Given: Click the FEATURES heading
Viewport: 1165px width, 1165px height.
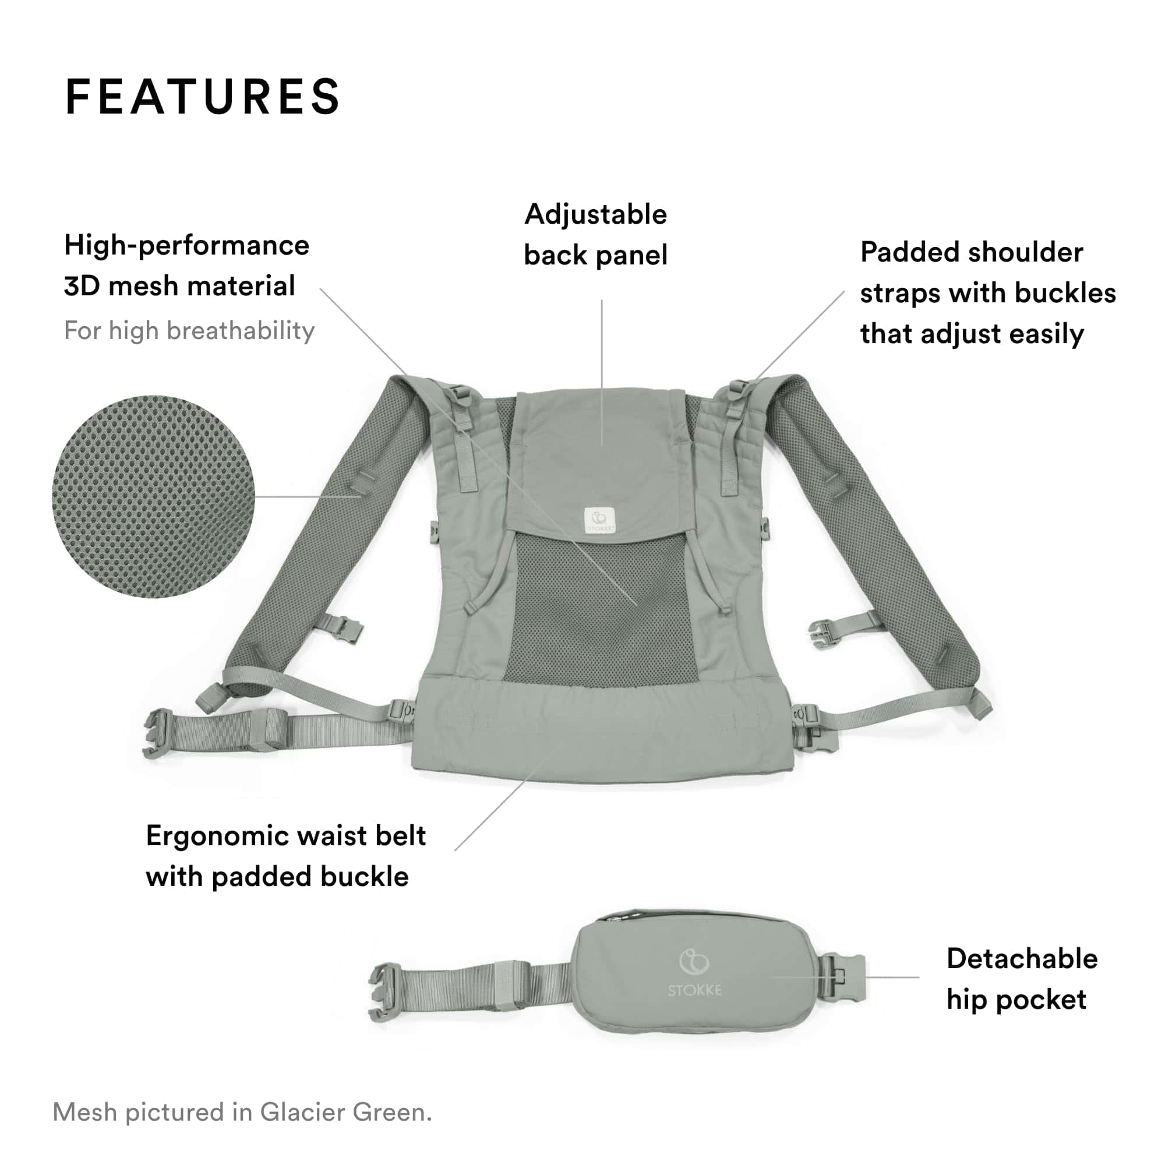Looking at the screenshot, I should (x=203, y=97).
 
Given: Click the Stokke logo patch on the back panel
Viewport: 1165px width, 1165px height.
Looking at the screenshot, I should (x=599, y=520).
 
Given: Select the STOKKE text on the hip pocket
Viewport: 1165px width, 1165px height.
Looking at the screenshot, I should (x=694, y=990).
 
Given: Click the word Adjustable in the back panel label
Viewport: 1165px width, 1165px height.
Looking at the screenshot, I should (x=596, y=215).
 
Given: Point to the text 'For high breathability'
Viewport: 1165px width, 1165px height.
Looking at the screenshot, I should (x=189, y=330).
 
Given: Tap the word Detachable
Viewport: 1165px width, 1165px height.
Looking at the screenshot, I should (x=1022, y=958).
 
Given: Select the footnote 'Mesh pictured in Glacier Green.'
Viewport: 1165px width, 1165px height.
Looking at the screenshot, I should (x=242, y=1112).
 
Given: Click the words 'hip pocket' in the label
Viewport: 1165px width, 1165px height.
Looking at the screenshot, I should (x=1016, y=1000).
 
